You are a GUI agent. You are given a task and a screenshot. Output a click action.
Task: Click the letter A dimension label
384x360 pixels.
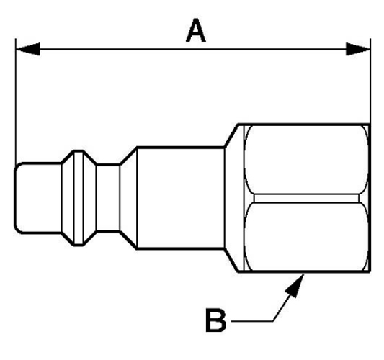196,31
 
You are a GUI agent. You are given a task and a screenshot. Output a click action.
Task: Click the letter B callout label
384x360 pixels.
215,320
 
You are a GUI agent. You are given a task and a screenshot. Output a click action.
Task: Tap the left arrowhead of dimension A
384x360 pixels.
28,49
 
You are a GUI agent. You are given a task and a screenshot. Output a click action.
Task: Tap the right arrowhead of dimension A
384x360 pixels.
358,49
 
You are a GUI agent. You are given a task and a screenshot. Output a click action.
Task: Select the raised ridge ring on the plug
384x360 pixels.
79,198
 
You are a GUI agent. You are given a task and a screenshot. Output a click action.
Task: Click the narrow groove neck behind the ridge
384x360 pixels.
108,198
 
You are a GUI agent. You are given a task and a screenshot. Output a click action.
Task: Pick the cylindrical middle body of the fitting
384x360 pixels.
181,198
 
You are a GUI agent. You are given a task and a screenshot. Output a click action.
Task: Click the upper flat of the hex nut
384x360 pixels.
307,160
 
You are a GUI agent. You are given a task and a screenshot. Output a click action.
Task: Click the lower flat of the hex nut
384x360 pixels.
307,237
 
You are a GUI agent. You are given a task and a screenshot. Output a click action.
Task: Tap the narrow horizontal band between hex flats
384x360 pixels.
307,199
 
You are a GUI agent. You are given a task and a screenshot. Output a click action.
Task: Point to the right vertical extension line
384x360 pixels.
370,81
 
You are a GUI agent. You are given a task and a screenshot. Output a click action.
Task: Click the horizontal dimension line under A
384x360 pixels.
193,49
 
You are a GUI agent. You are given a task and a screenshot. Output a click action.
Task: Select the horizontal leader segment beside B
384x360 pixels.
251,321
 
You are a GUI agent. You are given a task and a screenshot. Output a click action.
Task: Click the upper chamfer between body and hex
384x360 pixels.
231,135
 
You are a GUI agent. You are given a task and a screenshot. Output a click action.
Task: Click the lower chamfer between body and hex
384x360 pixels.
231,261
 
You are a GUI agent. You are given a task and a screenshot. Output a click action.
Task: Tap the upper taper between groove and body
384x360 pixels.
128,156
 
